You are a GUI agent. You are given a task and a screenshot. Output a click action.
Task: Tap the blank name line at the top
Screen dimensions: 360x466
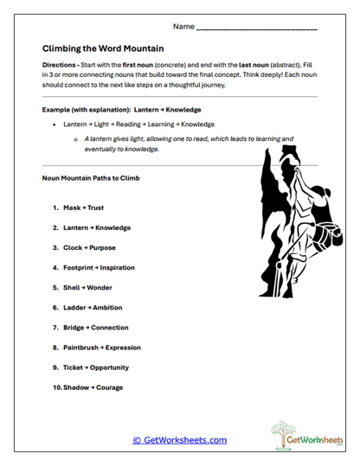click(x=257, y=29)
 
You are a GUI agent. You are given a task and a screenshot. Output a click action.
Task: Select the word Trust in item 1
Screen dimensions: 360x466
click(x=95, y=208)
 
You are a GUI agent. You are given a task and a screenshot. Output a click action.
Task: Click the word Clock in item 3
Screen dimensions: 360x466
click(x=73, y=248)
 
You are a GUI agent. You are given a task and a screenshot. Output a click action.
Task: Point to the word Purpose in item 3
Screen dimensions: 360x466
click(x=101, y=248)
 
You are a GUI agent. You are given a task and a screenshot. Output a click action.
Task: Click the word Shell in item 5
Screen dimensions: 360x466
click(x=72, y=288)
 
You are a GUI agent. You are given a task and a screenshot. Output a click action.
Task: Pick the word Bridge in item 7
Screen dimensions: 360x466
click(x=74, y=328)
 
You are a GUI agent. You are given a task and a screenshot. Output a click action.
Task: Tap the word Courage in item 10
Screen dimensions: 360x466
click(x=109, y=387)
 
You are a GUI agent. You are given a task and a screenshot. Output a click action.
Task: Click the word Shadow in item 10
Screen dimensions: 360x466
click(x=75, y=387)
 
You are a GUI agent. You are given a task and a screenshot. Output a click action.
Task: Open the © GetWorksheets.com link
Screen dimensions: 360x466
click(x=180, y=440)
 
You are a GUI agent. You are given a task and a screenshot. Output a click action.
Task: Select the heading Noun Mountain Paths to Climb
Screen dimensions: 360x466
click(x=91, y=178)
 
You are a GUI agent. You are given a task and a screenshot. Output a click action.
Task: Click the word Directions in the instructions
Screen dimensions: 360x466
click(x=60, y=66)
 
